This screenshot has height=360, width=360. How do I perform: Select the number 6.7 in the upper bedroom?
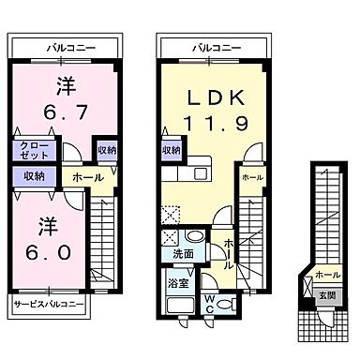(65, 111)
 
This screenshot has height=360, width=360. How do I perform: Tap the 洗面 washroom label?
(183, 254)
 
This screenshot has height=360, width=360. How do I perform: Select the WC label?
(211, 301)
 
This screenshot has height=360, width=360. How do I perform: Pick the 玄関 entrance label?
(326, 295)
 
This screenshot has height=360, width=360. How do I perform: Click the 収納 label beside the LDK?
(171, 150)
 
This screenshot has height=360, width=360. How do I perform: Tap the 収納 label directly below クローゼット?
(34, 174)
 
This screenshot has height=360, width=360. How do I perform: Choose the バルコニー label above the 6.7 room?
(67, 46)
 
